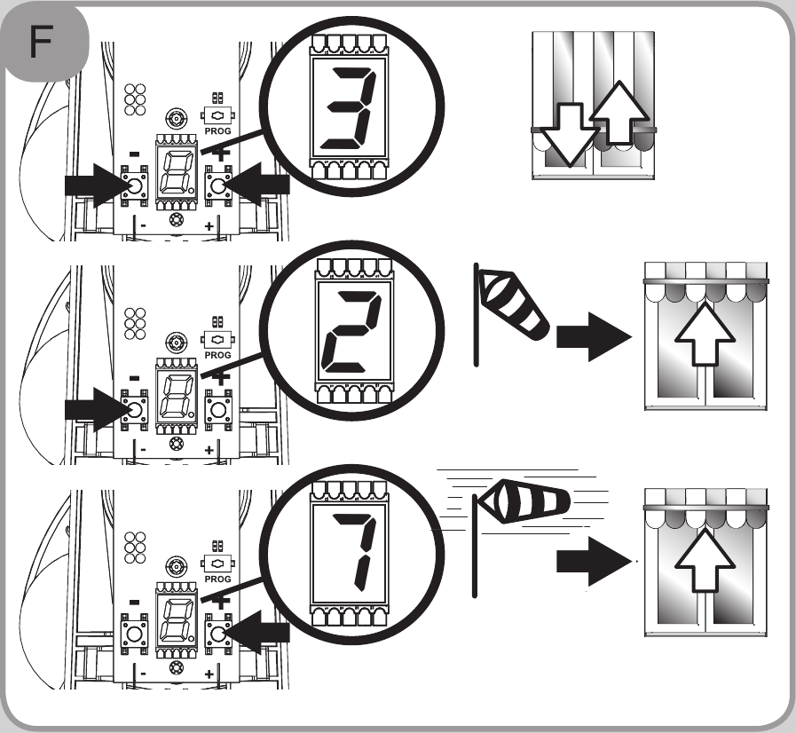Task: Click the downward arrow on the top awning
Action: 568,133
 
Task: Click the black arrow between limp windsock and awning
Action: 591,341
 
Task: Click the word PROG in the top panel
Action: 218,130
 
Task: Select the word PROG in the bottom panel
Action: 218,579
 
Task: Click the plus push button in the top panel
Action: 218,185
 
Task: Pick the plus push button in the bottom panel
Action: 218,632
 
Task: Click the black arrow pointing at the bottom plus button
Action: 263,632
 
